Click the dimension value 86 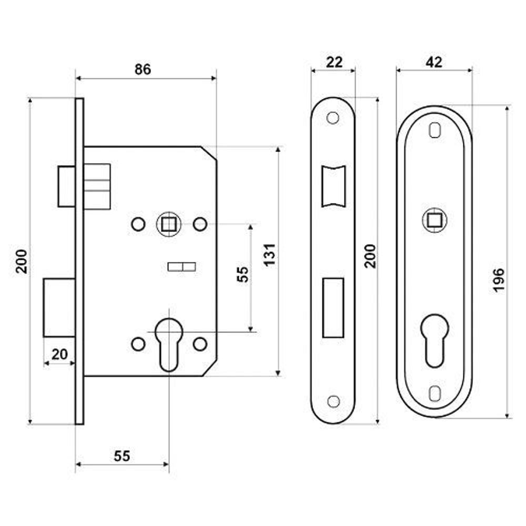coord(143,69)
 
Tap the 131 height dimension coord(269,255)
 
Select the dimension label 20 coord(60,354)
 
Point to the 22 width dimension coord(334,62)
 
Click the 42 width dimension coord(434,62)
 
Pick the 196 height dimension coord(499,280)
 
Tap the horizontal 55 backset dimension coord(122,456)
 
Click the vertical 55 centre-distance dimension coord(242,274)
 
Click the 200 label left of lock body coord(22,261)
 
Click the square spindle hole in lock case coord(168,224)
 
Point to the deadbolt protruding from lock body coord(59,308)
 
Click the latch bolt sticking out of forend coord(66,186)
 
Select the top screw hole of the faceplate coord(333,118)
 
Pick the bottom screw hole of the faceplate coord(333,401)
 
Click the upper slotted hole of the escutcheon coord(435,130)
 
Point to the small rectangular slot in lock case coord(181,267)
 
